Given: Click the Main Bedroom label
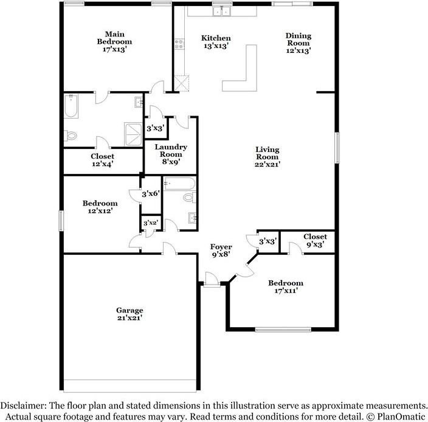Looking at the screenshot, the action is coord(114,42).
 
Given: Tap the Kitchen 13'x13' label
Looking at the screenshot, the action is coord(216,42).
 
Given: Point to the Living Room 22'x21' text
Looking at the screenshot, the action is coord(267,157).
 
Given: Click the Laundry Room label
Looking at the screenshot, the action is coord(171,154).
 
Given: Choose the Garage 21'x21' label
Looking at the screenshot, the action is coord(129,314).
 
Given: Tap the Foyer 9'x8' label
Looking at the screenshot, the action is coord(221,251).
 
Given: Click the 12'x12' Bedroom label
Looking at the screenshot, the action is coord(100,207).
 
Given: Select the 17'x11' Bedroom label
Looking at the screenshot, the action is coord(286,286).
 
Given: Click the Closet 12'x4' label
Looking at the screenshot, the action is coord(102,160).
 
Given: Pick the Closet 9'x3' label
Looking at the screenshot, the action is coord(316,240).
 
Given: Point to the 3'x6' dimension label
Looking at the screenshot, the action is coord(151,194).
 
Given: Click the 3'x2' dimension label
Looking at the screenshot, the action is coord(151,223).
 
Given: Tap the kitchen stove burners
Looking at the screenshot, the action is coord(179,44).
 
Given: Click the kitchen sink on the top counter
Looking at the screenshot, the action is coord(222,12).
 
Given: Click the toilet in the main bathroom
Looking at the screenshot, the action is coord(71,136).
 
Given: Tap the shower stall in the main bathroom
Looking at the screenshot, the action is coord(133,134).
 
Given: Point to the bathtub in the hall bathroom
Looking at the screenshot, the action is coord(179,184).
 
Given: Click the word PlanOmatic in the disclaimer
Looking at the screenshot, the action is coord(401,417).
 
